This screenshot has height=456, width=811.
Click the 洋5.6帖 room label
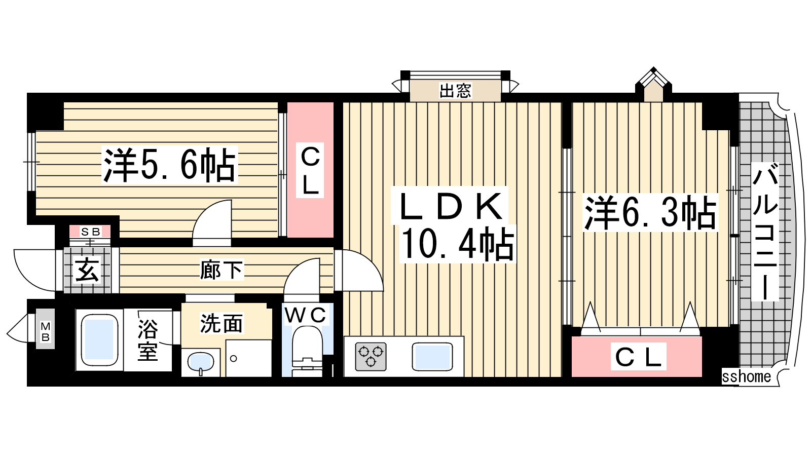tap(169, 165)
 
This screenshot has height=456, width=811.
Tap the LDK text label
tap(451, 206)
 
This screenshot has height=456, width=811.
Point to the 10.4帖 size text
tap(458, 244)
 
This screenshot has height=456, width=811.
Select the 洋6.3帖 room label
tap(650, 212)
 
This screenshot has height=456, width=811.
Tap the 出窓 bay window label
tap(455, 91)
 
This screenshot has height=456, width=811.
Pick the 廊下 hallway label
tap(221, 270)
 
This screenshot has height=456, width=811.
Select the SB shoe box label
tap(91, 232)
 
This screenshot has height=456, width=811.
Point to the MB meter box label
tap(45, 332)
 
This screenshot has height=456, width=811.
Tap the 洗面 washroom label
tap(221, 323)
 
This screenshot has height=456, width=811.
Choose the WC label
tap(305, 315)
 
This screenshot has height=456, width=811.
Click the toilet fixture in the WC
tap(307, 351)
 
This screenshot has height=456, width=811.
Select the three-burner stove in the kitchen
tap(371, 357)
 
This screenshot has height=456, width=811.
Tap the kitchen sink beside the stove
tap(432, 357)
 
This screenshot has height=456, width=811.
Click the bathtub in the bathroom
tap(99, 340)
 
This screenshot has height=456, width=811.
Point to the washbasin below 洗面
tap(201, 363)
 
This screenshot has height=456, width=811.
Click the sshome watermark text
tap(746, 377)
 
